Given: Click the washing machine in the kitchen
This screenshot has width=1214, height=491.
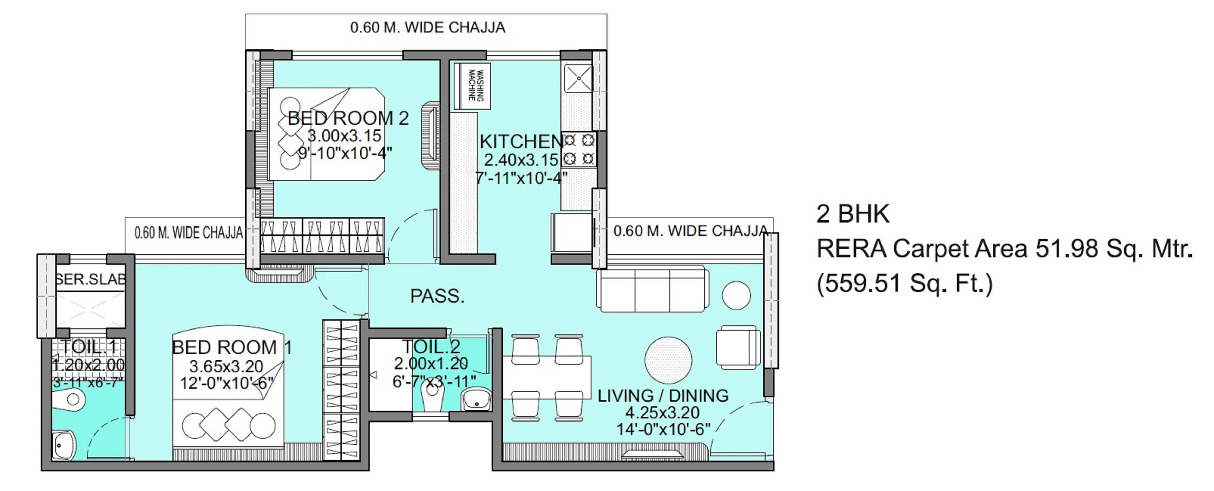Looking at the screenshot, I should (472, 85).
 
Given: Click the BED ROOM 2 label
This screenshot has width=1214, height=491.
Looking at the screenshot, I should (348, 118).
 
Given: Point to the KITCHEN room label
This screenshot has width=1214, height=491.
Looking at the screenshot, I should (521, 141).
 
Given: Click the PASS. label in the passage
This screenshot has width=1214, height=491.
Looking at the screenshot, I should (437, 296).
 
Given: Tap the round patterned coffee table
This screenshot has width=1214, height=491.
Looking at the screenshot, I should (668, 359).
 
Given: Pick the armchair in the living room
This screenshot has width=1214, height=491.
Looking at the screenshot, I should (738, 347).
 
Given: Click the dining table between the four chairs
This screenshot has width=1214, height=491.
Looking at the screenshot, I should (547, 377).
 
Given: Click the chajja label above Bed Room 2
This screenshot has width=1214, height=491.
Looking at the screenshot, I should (427, 27).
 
